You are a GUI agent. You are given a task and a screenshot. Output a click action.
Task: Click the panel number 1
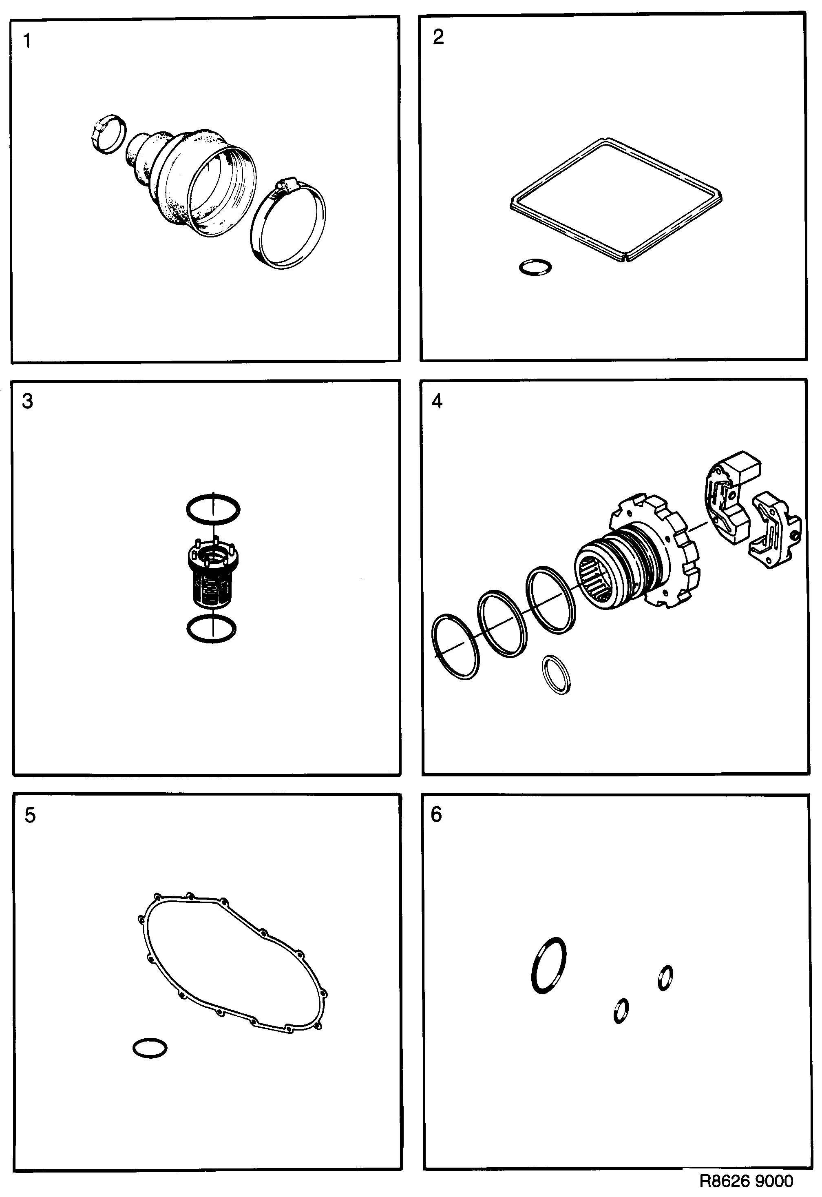[x=27, y=41]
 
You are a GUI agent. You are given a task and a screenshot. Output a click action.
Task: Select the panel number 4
[x=437, y=401]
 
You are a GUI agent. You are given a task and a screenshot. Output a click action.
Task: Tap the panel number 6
[x=436, y=814]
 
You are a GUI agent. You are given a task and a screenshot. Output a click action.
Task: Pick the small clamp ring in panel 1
[x=108, y=133]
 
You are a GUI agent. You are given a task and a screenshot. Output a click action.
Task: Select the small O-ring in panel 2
[x=535, y=268]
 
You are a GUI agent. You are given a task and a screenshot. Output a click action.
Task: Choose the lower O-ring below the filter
[x=211, y=629]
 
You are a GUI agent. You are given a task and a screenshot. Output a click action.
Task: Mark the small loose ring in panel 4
[x=557, y=674]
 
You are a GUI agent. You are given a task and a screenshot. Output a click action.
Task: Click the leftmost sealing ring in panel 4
[x=456, y=646]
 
